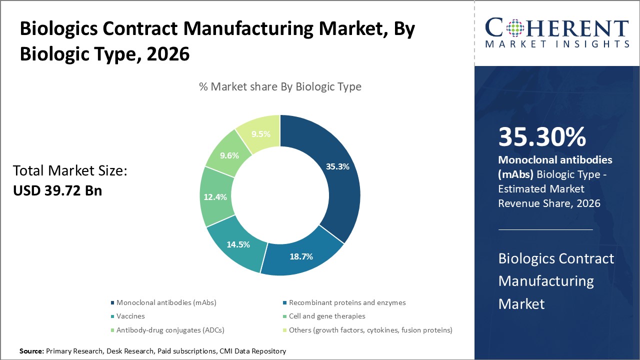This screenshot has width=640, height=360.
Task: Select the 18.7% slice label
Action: pyautogui.click(x=301, y=256)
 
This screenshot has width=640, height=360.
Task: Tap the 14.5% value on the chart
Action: pyautogui.click(x=238, y=244)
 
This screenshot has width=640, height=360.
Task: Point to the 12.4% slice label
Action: pyautogui.click(x=215, y=197)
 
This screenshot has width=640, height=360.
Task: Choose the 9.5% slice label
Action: pyautogui.click(x=260, y=133)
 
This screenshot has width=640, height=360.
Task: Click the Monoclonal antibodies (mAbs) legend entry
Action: pyautogui.click(x=166, y=302)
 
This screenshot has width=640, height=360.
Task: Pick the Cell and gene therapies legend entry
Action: pyautogui.click(x=327, y=316)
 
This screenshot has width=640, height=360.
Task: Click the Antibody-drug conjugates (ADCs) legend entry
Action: pyautogui.click(x=170, y=330)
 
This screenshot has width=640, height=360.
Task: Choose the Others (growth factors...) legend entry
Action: pyautogui.click(x=370, y=330)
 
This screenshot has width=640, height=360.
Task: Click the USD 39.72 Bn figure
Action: pyautogui.click(x=57, y=190)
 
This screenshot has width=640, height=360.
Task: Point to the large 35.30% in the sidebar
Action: pyautogui.click(x=542, y=137)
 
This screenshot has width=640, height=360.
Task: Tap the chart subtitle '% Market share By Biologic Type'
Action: pyautogui.click(x=280, y=86)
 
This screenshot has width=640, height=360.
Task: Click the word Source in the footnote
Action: pyautogui.click(x=31, y=351)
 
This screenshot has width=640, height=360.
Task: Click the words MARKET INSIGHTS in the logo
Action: pyautogui.click(x=556, y=44)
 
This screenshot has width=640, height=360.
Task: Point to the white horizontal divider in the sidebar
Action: pyautogui.click(x=545, y=229)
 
